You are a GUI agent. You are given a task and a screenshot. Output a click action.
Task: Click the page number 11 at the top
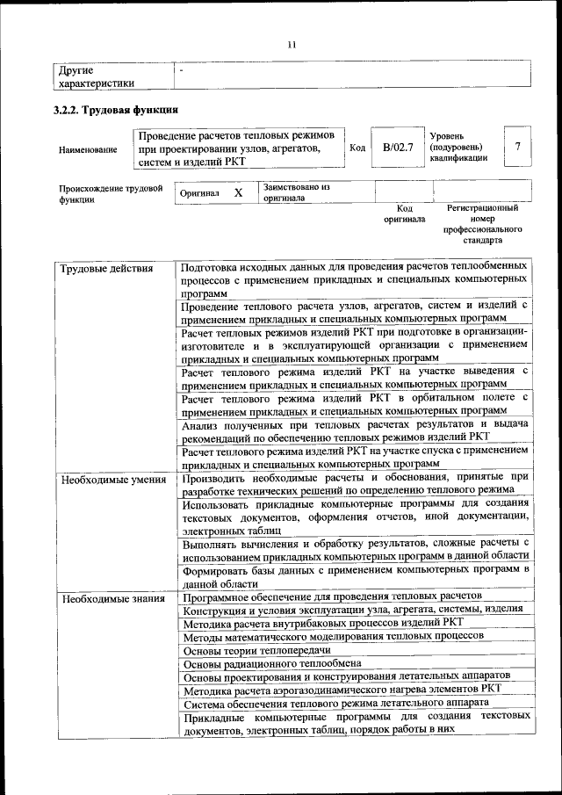(x=292, y=45)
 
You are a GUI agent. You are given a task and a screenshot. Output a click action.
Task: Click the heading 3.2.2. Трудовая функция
(x=116, y=111)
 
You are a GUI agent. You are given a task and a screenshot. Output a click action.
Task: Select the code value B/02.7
(x=398, y=148)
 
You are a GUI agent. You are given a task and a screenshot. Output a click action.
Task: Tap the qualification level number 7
(x=518, y=147)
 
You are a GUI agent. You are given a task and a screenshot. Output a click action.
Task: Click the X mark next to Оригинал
(x=238, y=192)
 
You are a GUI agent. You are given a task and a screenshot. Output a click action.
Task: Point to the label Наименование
(x=88, y=149)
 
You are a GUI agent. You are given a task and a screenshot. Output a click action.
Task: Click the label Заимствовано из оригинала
(x=297, y=192)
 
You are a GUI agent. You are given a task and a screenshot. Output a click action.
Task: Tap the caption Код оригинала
(x=404, y=213)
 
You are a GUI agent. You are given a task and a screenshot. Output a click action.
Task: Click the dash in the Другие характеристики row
(x=182, y=69)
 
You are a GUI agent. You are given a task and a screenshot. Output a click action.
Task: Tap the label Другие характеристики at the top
(x=96, y=76)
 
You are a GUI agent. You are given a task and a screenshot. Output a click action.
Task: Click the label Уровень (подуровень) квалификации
(x=457, y=148)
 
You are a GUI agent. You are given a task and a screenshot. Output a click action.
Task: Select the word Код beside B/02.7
(x=357, y=148)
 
